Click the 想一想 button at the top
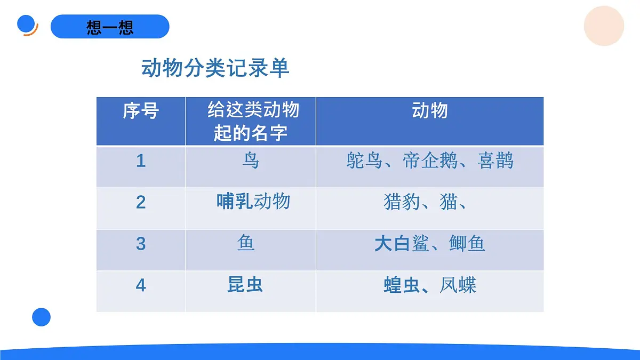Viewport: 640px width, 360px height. point(110,27)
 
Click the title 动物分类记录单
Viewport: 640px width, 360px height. point(215,68)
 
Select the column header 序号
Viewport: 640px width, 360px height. point(141,111)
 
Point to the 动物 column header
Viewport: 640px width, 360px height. point(429,111)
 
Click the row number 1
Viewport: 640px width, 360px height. point(141,161)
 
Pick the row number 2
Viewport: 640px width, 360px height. point(141,202)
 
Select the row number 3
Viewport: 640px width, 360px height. point(141,244)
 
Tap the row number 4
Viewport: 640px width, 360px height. point(141,285)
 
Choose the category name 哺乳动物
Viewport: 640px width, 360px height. point(253,202)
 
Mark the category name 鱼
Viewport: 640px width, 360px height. point(246,243)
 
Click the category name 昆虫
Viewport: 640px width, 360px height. point(245,285)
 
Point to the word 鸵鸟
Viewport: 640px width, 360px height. point(364,161)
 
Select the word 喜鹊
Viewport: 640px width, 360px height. point(495,161)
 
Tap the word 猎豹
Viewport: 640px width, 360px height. point(401,202)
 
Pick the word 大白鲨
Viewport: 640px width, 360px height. point(401,244)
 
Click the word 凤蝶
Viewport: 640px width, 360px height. point(458,285)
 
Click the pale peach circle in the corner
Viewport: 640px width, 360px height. point(604,26)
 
